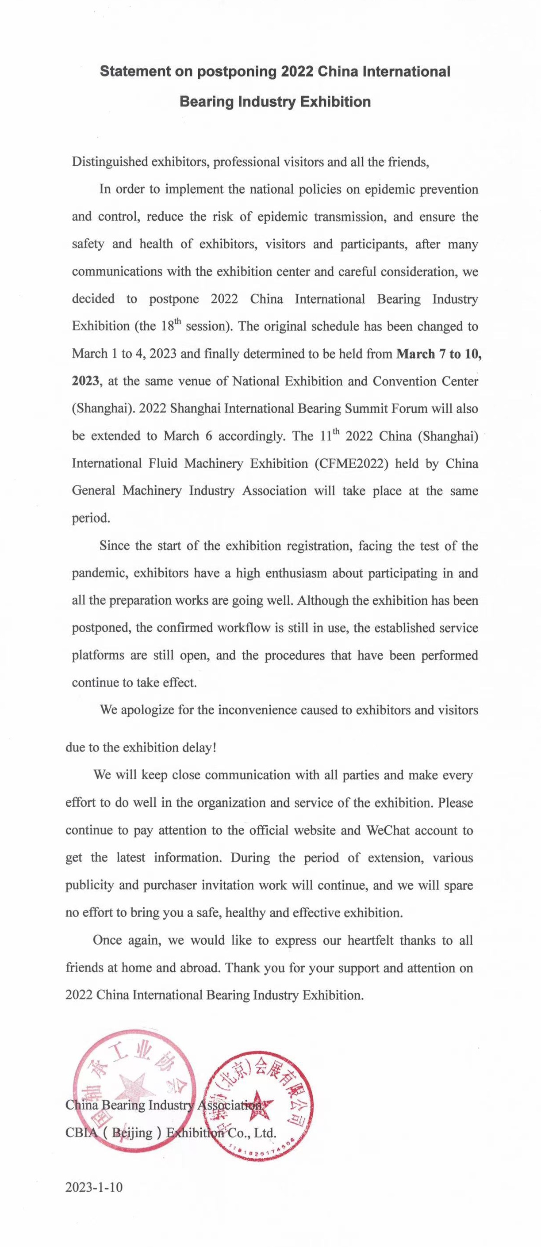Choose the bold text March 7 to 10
click(439, 354)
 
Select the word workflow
click(244, 628)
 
